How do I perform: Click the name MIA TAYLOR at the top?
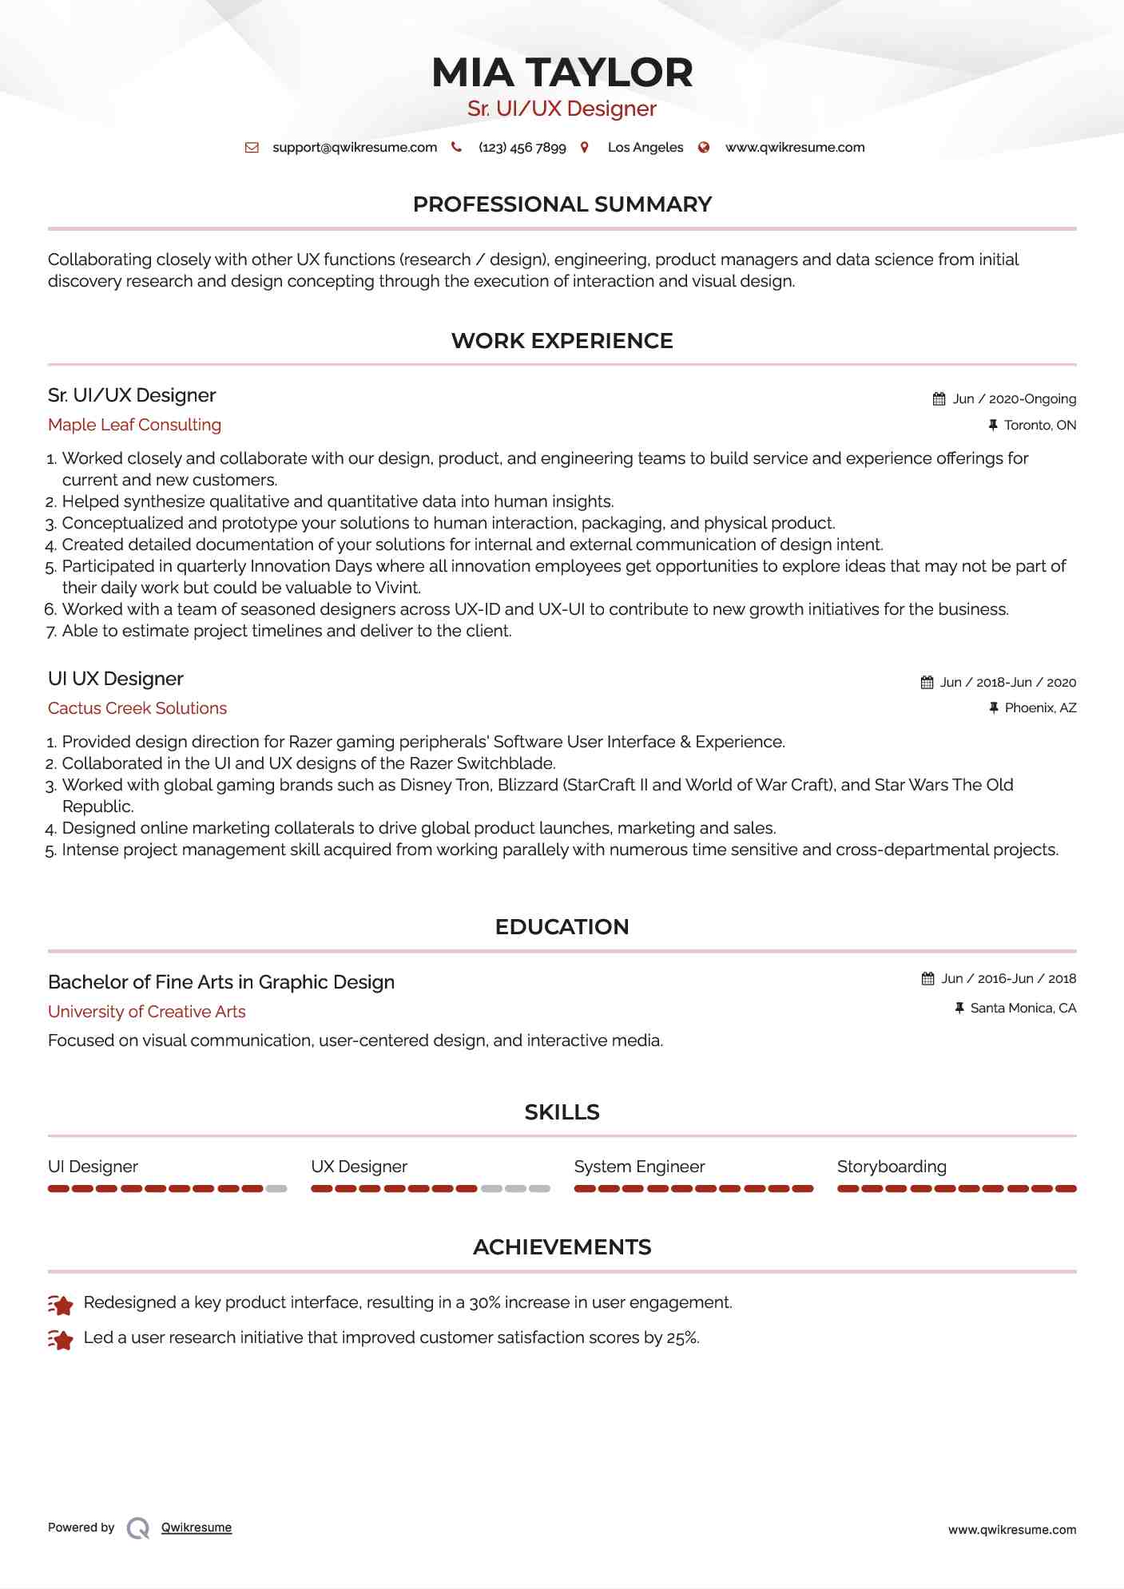562,73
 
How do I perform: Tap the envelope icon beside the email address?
252,148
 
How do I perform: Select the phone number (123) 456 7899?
522,148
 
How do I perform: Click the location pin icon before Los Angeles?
585,148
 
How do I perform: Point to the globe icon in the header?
704,148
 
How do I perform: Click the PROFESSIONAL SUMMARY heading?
562,204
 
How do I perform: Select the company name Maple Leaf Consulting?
134,425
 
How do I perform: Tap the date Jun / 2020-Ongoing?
1014,399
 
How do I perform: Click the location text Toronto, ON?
1039,426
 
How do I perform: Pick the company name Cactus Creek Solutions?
137,708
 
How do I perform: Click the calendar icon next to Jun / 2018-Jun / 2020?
927,683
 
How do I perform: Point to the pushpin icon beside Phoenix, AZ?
994,708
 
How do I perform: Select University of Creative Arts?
147,1012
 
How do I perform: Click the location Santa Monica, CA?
1023,1008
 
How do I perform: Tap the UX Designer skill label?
359,1167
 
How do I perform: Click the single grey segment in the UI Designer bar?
276,1189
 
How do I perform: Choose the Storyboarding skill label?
892,1167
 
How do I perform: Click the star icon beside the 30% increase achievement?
61,1305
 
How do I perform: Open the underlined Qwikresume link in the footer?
197,1528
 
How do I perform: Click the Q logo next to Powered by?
138,1528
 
